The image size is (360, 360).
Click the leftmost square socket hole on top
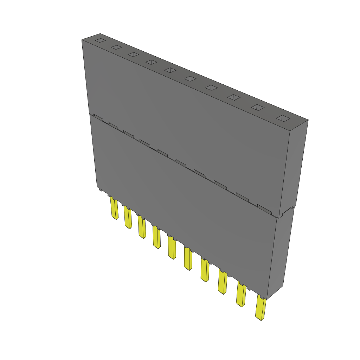tap(100, 41)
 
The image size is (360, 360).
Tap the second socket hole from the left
tap(116, 47)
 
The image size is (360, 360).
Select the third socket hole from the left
tap(133, 54)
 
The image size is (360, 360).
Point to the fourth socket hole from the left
tap(151, 62)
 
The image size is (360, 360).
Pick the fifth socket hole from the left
tap(170, 70)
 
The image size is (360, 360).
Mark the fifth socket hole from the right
tap(190, 79)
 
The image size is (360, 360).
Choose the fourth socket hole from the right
tap(211, 88)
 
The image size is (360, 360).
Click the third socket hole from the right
tap(233, 97)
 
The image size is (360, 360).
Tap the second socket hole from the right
tap(257, 108)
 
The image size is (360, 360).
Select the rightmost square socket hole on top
tap(283, 118)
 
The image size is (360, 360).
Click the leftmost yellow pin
tap(114, 208)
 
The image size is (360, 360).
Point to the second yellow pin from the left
tap(128, 218)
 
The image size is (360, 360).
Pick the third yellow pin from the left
tap(142, 227)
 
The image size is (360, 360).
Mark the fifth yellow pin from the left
tap(172, 248)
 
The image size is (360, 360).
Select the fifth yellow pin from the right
tap(188, 259)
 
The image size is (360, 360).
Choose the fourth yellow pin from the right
tap(205, 270)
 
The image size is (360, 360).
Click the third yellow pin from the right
tap(222, 282)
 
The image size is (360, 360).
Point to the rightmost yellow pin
tap(261, 308)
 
